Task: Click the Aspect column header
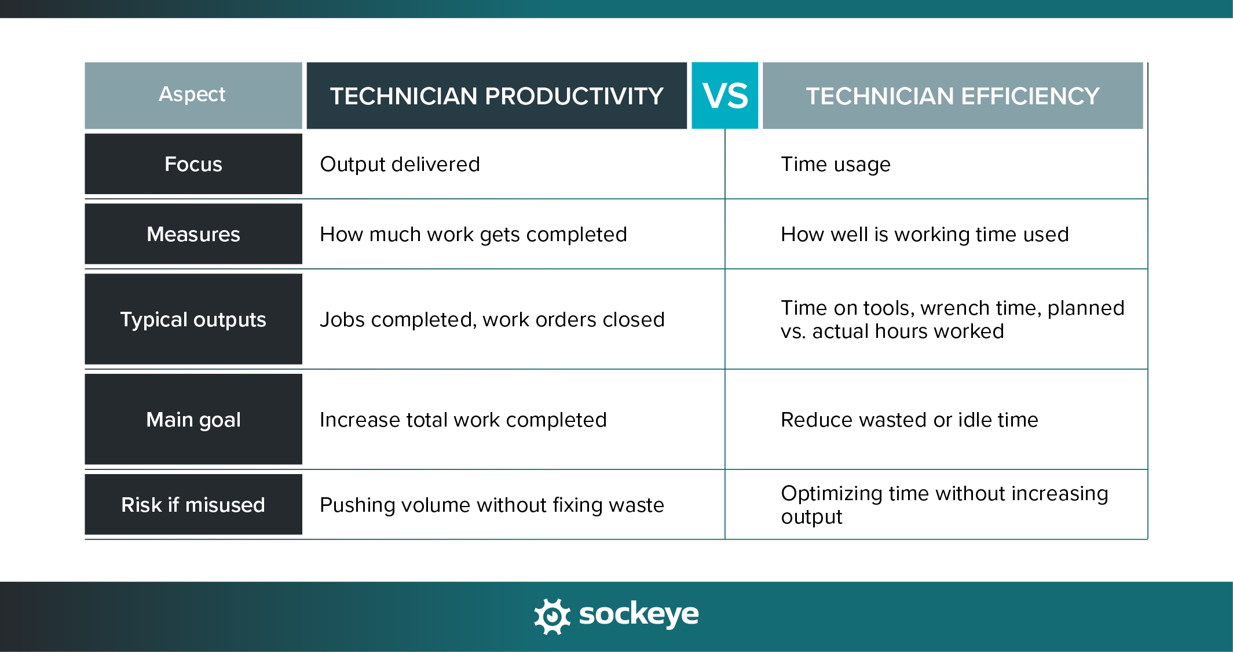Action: [193, 95]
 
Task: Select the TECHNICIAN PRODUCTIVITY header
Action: [496, 96]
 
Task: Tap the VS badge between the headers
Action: [725, 96]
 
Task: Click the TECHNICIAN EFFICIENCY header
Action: [953, 96]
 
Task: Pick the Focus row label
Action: [193, 164]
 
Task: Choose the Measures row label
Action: [193, 234]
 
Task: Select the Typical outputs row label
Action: [193, 319]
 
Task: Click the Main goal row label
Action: [193, 420]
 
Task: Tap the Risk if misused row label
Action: [193, 505]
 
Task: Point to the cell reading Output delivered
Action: [400, 165]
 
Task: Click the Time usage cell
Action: [835, 165]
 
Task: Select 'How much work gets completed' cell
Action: [473, 235]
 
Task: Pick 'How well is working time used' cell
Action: [924, 235]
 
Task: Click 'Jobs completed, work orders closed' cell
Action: [492, 320]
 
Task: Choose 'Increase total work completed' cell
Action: [463, 420]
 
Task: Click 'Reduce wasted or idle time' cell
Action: [909, 420]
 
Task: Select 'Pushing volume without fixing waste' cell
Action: [492, 505]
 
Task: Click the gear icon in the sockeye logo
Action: [552, 616]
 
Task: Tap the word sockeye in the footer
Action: [639, 614]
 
